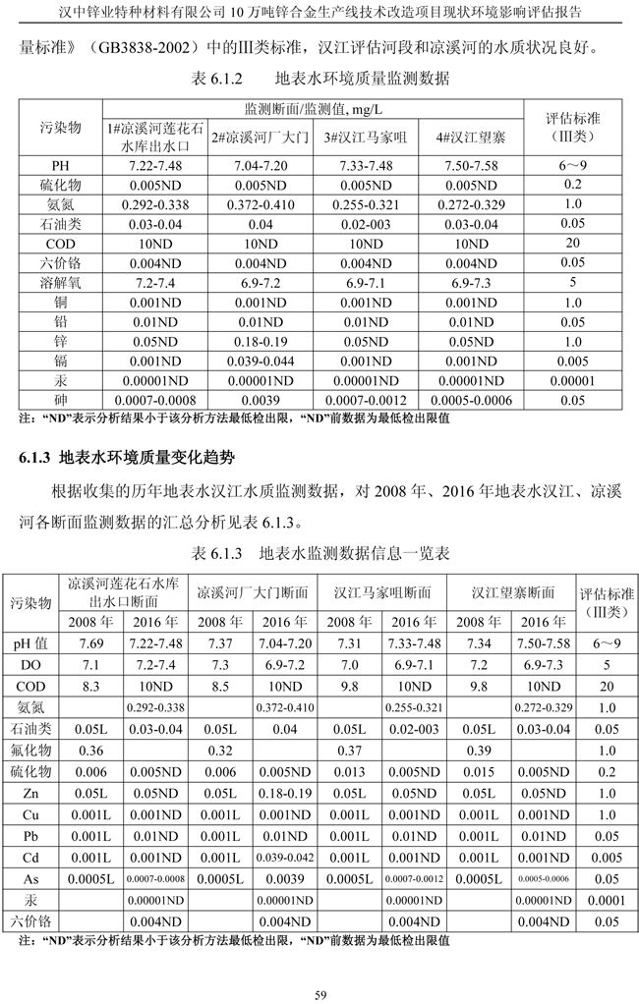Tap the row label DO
pyautogui.click(x=31, y=665)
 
